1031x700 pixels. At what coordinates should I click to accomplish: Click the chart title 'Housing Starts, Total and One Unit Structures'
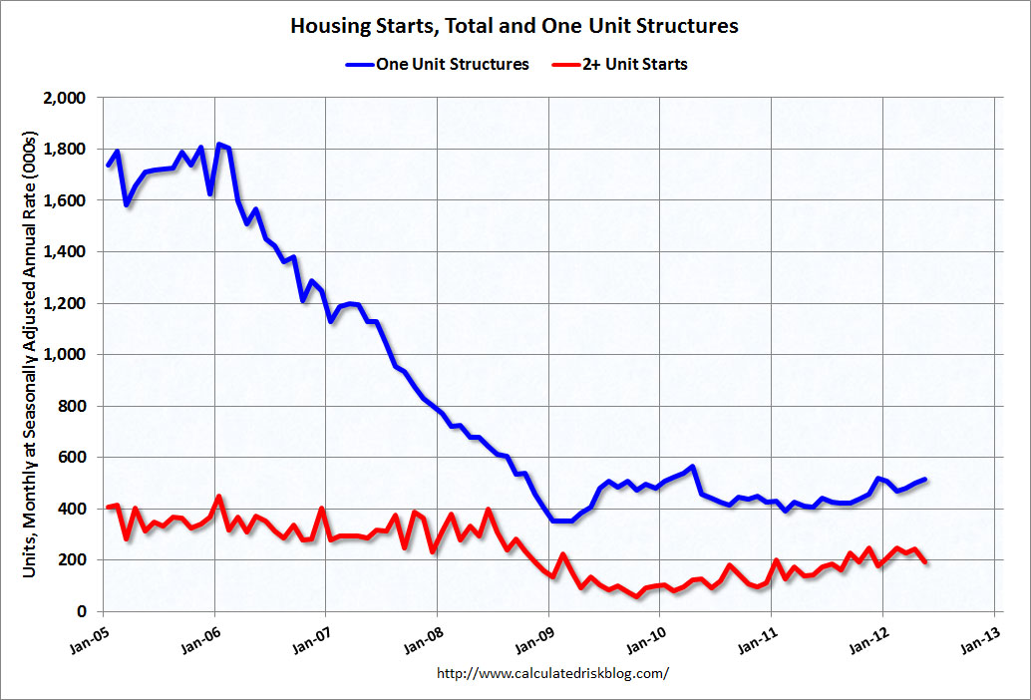point(515,26)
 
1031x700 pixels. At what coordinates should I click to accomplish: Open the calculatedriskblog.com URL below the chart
point(553,673)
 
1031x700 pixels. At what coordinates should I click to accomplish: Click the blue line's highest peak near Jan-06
point(219,145)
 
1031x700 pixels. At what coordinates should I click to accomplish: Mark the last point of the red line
point(925,561)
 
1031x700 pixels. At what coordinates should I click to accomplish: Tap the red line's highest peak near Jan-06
point(218,497)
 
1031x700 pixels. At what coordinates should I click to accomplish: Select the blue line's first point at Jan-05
point(108,165)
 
